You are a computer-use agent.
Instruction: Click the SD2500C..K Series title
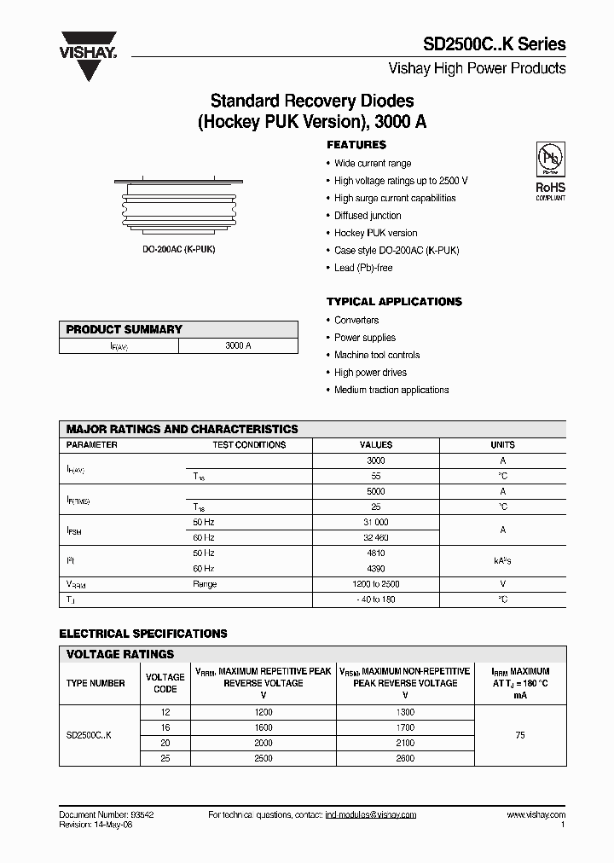coord(494,44)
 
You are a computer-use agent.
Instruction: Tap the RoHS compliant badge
coord(550,171)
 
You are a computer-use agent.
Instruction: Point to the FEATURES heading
coord(356,145)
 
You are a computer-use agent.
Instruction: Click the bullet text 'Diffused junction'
coord(368,216)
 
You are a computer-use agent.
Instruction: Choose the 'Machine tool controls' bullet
coord(377,355)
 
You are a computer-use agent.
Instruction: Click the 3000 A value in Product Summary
coord(238,346)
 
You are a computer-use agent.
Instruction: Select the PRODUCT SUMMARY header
coord(125,329)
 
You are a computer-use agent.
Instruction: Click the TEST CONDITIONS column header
coord(249,445)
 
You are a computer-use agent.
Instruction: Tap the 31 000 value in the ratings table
coord(376,522)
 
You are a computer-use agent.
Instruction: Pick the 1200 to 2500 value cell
coord(376,584)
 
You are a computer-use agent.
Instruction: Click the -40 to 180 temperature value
coord(376,599)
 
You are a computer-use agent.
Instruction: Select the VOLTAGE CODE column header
coord(165,683)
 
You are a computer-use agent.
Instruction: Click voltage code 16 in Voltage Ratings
coord(165,727)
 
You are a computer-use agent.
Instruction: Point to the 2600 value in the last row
coord(405,758)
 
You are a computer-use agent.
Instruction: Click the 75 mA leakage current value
coord(520,735)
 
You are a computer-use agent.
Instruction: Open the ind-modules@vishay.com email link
coord(370,815)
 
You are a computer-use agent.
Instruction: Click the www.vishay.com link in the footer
coord(536,815)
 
